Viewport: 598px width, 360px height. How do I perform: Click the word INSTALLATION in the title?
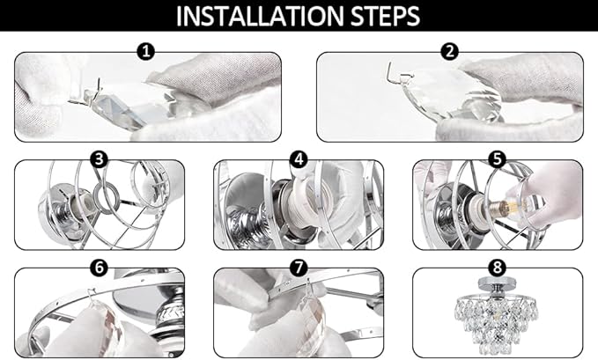(x=260, y=16)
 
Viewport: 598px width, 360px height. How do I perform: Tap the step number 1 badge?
(x=145, y=51)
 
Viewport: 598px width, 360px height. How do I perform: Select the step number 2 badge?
(x=450, y=51)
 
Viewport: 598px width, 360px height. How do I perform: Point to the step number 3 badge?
(x=100, y=159)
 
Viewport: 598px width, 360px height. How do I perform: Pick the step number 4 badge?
(x=299, y=159)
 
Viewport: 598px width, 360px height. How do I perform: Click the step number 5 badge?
(x=498, y=159)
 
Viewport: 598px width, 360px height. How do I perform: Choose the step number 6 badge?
(x=100, y=267)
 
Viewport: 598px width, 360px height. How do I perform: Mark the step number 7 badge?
(x=299, y=267)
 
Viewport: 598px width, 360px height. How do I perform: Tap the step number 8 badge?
(x=498, y=267)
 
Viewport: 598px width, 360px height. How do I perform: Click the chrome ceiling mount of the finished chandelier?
(x=498, y=286)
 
